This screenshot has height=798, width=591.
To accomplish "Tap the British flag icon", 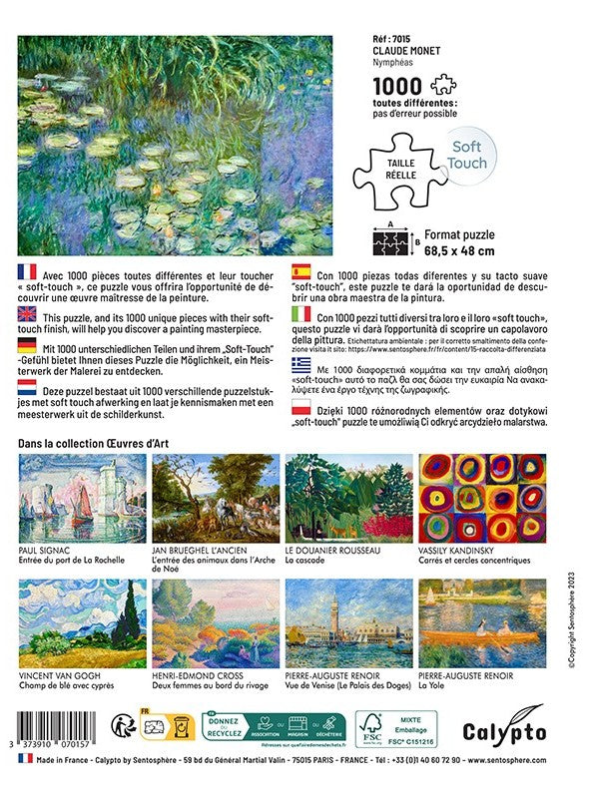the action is pyautogui.click(x=28, y=312).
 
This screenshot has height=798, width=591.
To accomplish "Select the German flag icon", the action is pyautogui.click(x=28, y=345).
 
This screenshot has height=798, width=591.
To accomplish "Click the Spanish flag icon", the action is pyautogui.click(x=299, y=271).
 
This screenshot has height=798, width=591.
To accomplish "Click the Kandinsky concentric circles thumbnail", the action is pyautogui.click(x=482, y=498).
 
